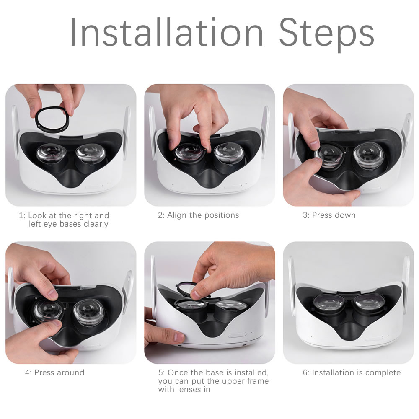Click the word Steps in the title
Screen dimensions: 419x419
[326, 34]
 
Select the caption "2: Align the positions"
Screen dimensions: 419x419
[198, 215]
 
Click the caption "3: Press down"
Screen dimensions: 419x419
[329, 215]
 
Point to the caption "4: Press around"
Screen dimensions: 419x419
[54, 372]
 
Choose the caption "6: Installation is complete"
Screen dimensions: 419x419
[352, 373]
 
